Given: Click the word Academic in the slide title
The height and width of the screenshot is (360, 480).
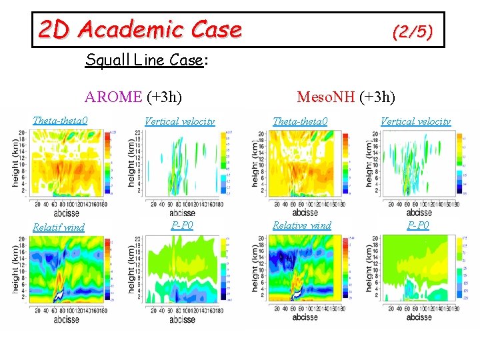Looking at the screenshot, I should (x=130, y=29).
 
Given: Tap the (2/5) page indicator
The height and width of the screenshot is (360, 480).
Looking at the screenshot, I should (x=412, y=31).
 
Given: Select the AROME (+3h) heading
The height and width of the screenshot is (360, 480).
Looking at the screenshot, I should (x=133, y=97).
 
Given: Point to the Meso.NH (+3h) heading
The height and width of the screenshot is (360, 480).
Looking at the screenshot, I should (x=346, y=97).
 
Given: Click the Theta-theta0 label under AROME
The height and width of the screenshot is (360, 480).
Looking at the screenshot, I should (x=61, y=121).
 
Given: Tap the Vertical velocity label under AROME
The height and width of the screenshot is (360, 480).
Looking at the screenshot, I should (x=180, y=121).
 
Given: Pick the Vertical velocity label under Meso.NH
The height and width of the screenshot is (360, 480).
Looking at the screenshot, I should (x=415, y=121).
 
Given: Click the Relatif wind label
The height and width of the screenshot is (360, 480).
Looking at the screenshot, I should (x=59, y=227).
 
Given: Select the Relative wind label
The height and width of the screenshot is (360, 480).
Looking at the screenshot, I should (x=301, y=225).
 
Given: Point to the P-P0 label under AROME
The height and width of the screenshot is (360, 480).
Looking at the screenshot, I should (x=182, y=225).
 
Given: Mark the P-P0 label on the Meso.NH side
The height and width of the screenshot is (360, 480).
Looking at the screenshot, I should (x=419, y=225).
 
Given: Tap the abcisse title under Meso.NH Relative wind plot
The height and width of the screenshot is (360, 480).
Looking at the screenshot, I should (x=305, y=317).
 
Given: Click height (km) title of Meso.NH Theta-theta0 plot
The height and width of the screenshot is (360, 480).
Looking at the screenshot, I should (x=256, y=163).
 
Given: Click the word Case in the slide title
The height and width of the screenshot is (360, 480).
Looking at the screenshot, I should (x=215, y=29).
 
